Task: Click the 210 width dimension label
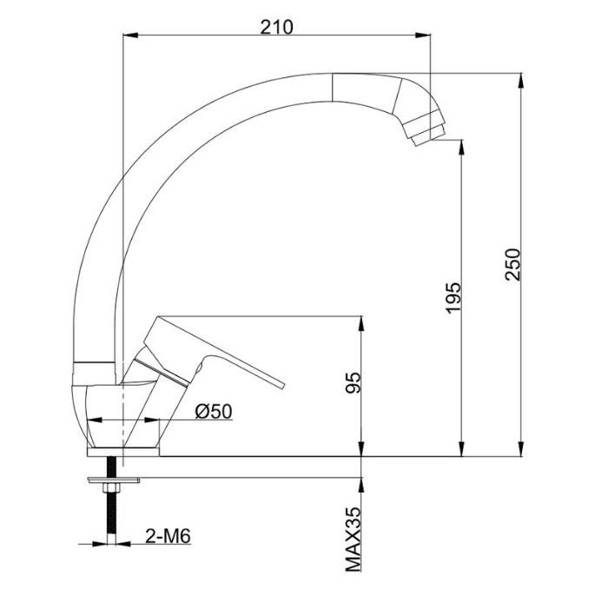point(276,27)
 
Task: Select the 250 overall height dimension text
point(512,264)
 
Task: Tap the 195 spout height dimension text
point(453,297)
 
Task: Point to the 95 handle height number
point(353,383)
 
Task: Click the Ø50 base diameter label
point(214,412)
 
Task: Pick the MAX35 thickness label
point(353,539)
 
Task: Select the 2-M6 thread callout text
point(168,537)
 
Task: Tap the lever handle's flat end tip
point(281,385)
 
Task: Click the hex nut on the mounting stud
point(111,488)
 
